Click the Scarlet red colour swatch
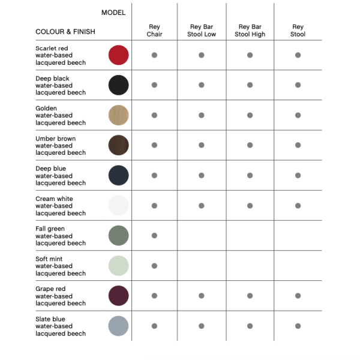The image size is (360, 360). tap(119, 55)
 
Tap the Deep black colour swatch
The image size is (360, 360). tap(119, 85)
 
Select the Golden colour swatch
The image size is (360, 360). tap(119, 115)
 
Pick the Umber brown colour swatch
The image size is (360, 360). tap(119, 145)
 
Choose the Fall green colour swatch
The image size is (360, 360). tap(119, 236)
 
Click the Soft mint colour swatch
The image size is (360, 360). tap(119, 266)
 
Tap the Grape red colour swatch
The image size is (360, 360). tap(119, 296)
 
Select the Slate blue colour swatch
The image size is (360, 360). tap(119, 326)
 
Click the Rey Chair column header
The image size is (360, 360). tap(154, 31)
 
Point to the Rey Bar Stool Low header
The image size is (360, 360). tap(202, 31)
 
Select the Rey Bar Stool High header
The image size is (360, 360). tap(250, 31)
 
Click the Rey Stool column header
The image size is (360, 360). tap(298, 31)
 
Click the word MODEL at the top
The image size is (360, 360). tap(113, 13)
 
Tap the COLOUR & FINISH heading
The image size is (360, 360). tap(65, 32)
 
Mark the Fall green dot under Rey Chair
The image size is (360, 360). tap(154, 236)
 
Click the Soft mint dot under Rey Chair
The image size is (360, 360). tap(154, 266)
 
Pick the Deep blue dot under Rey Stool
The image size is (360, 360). tap(298, 175)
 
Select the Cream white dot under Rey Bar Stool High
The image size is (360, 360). tap(250, 206)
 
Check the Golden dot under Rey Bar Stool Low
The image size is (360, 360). tap(202, 115)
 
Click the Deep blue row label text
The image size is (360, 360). tap(60, 176)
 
